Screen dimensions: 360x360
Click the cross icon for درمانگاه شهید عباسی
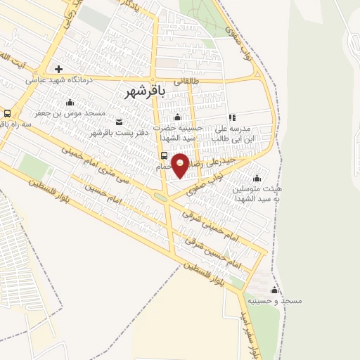58,69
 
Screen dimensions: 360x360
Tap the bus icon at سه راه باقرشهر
7,112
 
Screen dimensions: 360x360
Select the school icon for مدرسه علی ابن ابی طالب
232,118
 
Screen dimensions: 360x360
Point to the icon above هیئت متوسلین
256,177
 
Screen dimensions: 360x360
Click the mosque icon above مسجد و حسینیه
275,290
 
